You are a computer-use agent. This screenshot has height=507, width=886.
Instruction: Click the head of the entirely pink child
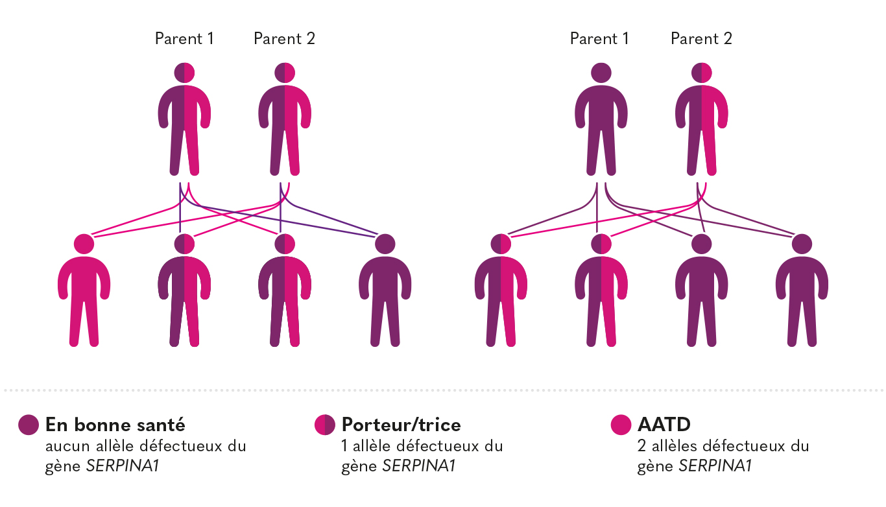pos(84,244)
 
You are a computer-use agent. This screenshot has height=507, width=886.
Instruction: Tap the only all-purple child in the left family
pos(385,292)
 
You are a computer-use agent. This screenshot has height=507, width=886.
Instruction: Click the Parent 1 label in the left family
pos(184,39)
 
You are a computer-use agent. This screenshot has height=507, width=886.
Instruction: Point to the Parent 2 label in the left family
pos(284,39)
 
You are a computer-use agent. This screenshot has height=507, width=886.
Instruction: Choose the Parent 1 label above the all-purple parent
pos(599,39)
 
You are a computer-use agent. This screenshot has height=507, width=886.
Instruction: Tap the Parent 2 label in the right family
pos(701,39)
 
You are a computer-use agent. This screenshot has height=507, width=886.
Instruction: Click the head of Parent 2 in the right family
pos(702,73)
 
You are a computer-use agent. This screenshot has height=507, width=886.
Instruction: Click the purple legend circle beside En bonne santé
pos(29,425)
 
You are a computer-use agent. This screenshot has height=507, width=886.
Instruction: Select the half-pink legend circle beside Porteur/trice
pos(324,425)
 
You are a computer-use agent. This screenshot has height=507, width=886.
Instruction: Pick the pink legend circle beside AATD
pos(621,425)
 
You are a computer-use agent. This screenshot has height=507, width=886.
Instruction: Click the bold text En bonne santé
pos(115,425)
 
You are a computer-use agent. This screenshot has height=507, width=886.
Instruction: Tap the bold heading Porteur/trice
pos(401,425)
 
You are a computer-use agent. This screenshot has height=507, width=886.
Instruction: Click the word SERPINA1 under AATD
pos(715,466)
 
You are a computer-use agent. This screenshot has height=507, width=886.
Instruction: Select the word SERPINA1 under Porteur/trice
pos(419,466)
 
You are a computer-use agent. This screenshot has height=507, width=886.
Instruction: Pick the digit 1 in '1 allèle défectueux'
pos(344,446)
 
